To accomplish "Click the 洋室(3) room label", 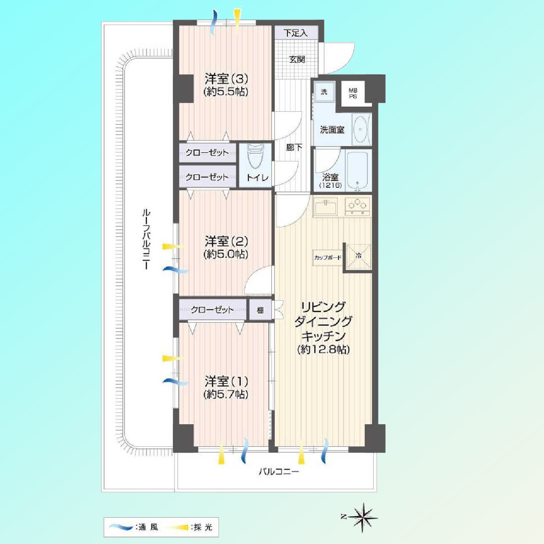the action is [226, 79].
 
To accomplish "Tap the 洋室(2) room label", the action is [226, 242].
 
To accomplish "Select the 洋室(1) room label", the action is [226, 382].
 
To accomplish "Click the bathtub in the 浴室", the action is [357, 170].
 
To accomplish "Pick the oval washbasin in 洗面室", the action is [360, 129].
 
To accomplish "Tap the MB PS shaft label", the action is [353, 93].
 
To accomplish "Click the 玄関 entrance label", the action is [297, 59].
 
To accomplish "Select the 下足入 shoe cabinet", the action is [296, 33].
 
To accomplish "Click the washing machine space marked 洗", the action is [324, 92].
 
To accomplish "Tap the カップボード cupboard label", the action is [328, 258].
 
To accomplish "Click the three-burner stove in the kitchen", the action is [357, 207].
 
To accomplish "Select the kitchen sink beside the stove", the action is [326, 207].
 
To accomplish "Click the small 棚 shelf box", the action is [260, 310].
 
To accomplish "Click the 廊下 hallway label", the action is [294, 147].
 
